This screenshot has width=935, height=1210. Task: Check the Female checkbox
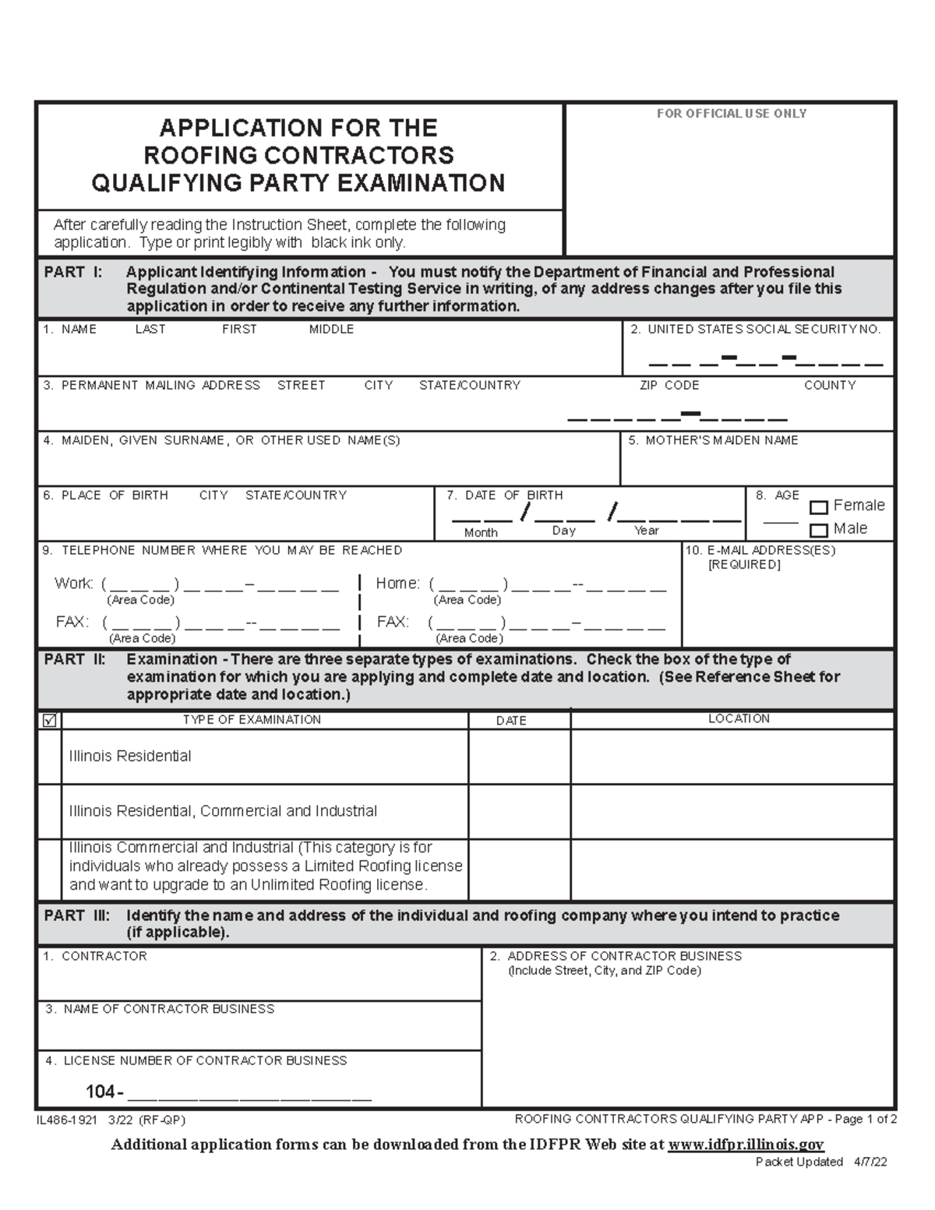(x=818, y=507)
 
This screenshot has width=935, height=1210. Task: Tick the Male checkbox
(x=818, y=531)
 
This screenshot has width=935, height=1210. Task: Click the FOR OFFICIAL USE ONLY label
(x=731, y=114)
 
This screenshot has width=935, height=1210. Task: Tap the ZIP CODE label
(x=669, y=386)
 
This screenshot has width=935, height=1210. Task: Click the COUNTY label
(x=830, y=386)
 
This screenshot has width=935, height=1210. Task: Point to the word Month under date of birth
(x=481, y=533)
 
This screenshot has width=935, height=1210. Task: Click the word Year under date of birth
(x=647, y=531)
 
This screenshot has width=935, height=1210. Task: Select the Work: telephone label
(x=74, y=584)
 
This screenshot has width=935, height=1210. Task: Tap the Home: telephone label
(x=398, y=584)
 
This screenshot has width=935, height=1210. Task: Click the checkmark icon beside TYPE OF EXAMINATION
(x=50, y=721)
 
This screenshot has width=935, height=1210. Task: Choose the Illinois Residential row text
(x=130, y=757)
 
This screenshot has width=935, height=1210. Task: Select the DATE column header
(x=511, y=721)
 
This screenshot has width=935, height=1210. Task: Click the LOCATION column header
(x=739, y=719)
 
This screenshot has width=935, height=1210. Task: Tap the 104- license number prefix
(x=104, y=1093)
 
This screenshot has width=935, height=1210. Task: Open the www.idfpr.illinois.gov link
(x=746, y=1144)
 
